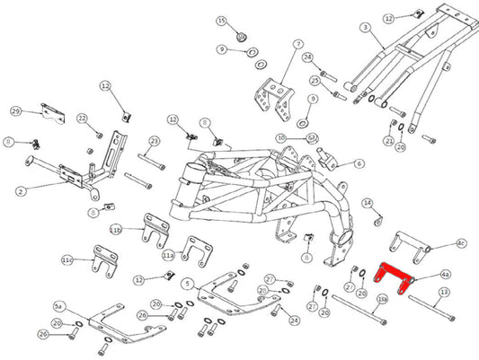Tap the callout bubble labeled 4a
(446, 274)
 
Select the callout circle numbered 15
(221, 20)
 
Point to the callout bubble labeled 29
(15, 110)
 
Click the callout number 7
(298, 43)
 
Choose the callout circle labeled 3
(365, 28)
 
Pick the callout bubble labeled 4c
(461, 242)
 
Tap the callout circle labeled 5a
(59, 306)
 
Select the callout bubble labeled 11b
(115, 230)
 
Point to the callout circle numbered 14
(367, 203)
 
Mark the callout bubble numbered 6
(359, 163)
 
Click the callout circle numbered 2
(21, 189)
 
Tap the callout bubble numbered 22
(82, 119)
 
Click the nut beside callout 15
(243, 37)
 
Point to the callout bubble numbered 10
(281, 137)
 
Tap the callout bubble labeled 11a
(168, 255)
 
